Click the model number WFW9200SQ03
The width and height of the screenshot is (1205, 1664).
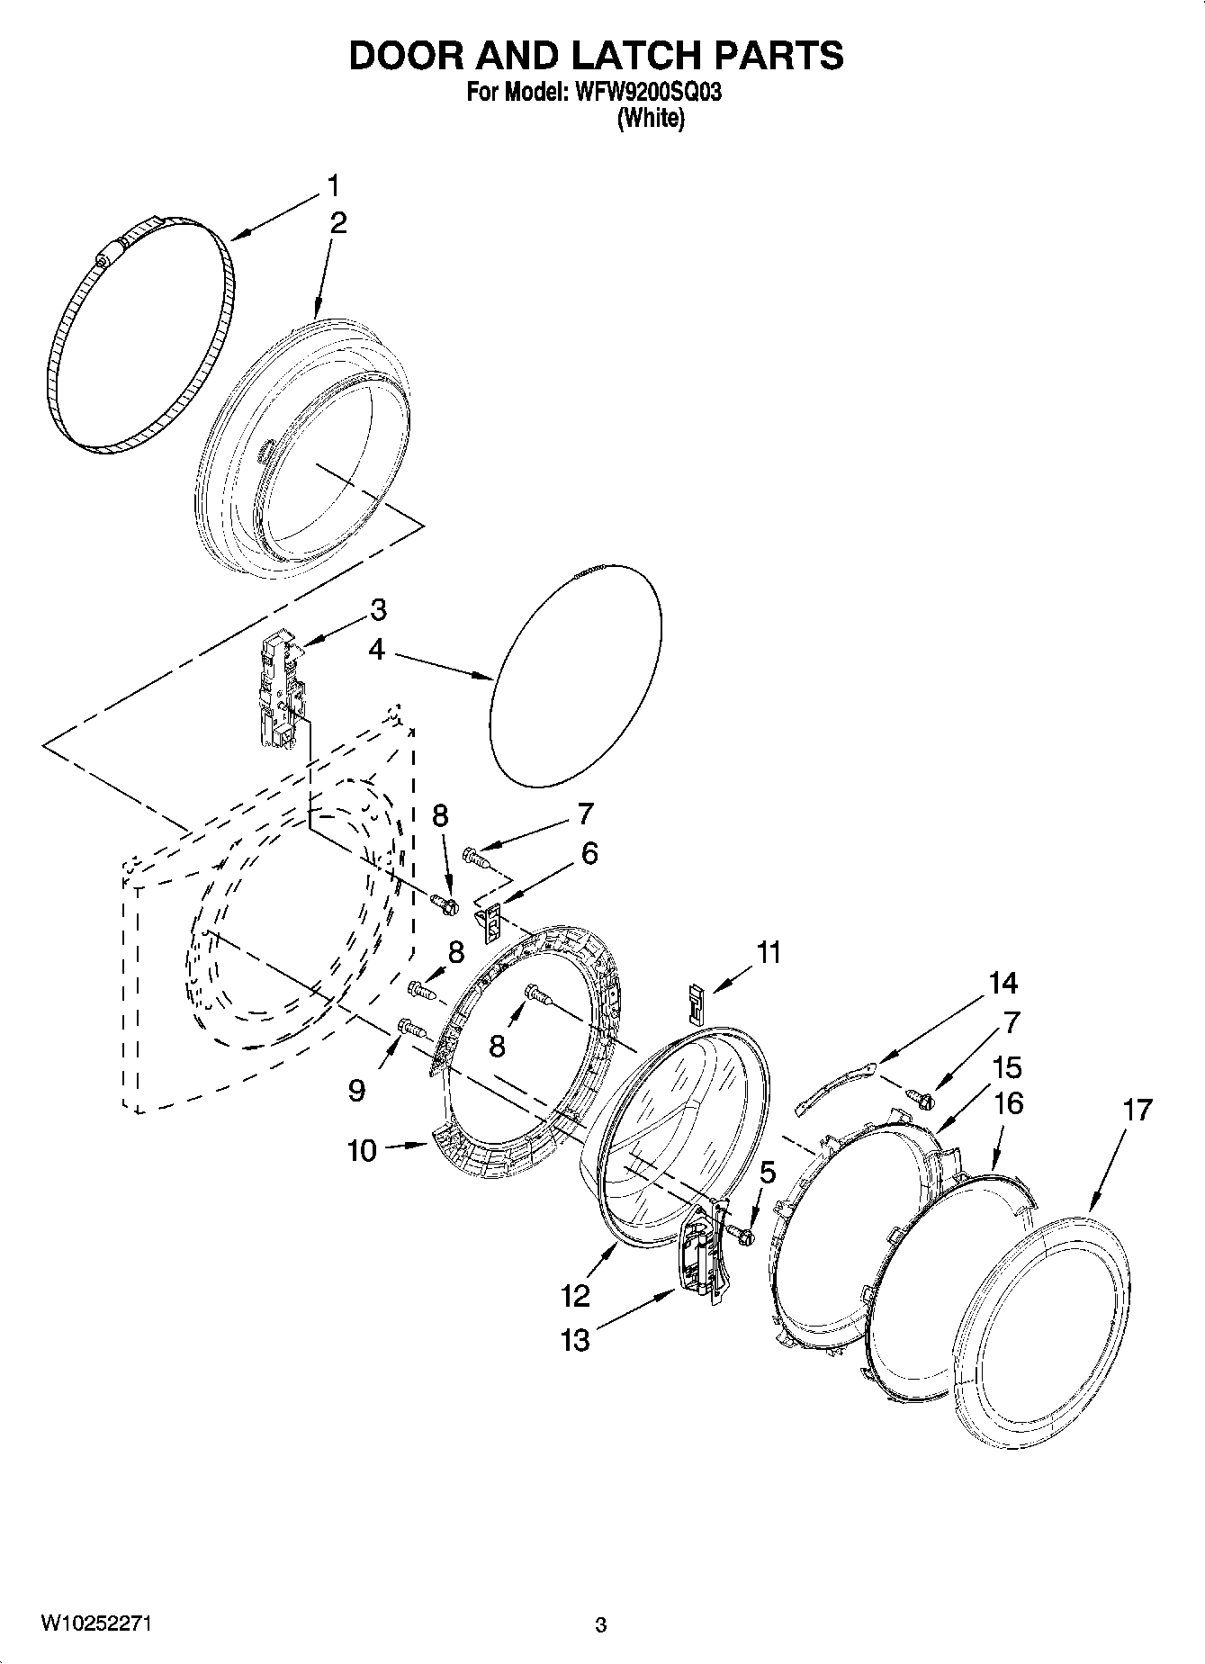[643, 93]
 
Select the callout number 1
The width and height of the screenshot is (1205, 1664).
[333, 186]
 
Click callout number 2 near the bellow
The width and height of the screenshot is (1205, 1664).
[338, 223]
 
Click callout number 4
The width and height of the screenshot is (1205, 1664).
[376, 649]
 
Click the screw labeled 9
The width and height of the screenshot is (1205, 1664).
[408, 1026]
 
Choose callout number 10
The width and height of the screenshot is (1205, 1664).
[362, 1150]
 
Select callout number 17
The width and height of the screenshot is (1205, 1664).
[1138, 1111]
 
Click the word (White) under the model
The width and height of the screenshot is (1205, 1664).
[650, 118]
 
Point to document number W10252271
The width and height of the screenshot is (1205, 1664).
[94, 1624]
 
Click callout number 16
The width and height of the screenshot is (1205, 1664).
[1010, 1102]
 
